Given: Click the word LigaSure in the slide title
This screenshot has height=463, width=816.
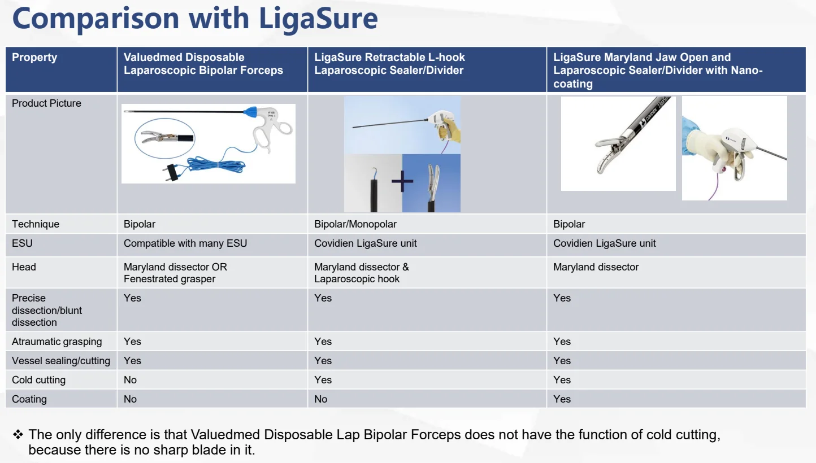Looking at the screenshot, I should click(319, 18).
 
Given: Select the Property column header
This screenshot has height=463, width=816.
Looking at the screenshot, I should click(34, 57).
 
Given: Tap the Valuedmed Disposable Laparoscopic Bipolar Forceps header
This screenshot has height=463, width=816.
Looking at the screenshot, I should click(203, 64).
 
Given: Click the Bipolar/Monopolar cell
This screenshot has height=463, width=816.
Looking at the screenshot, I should click(355, 224).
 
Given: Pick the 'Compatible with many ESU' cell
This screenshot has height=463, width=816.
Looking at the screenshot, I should click(185, 243).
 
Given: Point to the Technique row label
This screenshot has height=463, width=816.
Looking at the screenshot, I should click(36, 224).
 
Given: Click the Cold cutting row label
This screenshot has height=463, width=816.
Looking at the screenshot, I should click(38, 380).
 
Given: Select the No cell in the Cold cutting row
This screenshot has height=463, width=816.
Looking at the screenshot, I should click(131, 380).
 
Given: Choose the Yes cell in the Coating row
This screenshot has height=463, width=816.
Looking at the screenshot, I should click(562, 399).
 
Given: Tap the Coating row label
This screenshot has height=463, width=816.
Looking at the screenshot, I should click(29, 399).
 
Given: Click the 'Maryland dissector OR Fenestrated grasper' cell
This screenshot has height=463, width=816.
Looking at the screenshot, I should click(175, 273).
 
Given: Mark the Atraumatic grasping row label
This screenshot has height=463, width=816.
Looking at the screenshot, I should click(57, 342).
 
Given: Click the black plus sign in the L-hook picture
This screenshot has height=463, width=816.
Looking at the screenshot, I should click(402, 181).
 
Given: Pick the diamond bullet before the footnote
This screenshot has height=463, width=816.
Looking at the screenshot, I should click(18, 435).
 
